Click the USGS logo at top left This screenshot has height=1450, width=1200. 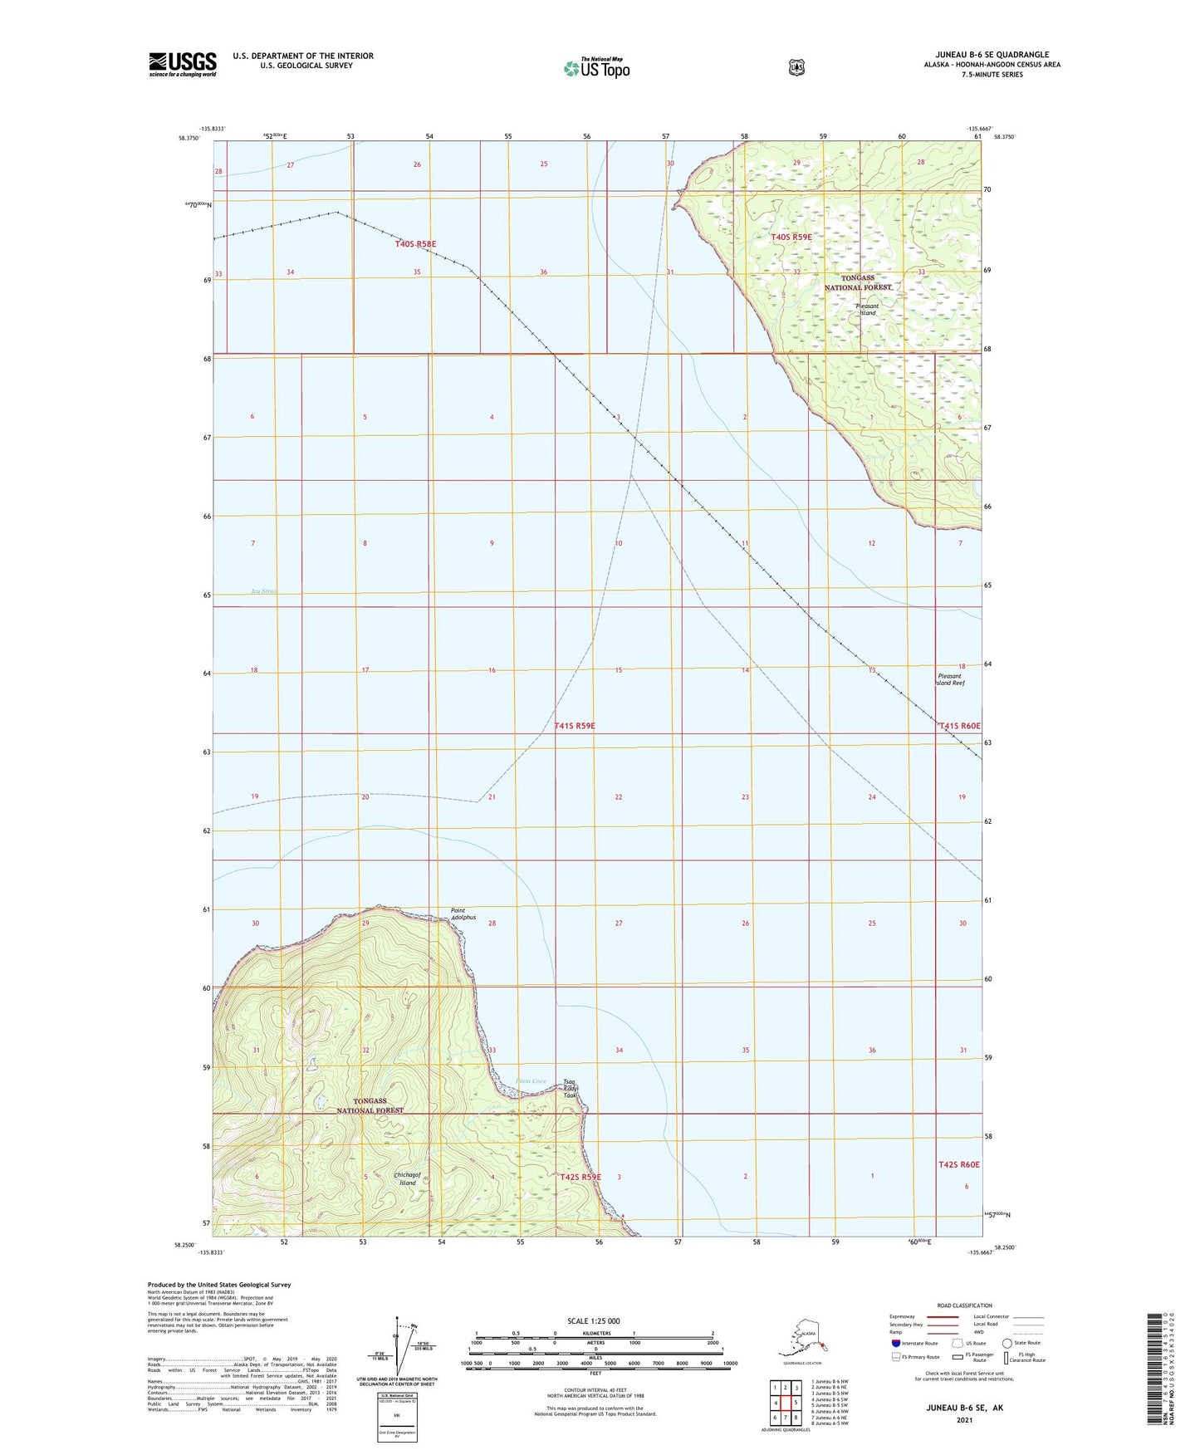183,64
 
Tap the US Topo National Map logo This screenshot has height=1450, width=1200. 595,67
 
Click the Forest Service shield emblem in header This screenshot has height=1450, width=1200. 796,67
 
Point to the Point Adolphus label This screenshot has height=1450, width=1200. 463,914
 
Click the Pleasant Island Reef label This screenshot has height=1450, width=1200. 951,679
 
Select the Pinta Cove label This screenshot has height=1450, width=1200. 531,1080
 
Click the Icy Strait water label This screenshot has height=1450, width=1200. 263,591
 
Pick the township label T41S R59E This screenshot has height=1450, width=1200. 575,726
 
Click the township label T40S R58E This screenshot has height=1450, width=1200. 415,244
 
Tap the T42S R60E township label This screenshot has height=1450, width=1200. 959,1164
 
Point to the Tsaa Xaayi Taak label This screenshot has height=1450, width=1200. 570,1088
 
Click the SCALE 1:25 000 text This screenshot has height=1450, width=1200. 593,1320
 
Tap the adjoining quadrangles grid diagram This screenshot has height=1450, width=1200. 785,1401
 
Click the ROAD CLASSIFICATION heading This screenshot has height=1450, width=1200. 964,1305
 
